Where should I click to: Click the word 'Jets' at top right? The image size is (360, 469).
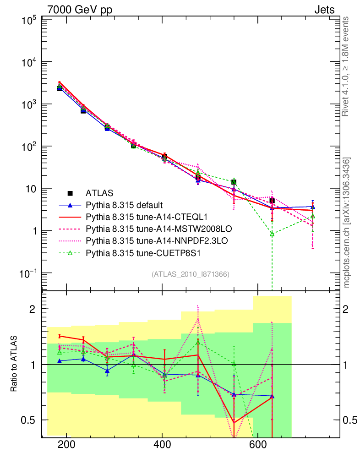pyautogui.click(x=324, y=9)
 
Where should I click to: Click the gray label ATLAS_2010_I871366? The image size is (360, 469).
pyautogui.click(x=191, y=274)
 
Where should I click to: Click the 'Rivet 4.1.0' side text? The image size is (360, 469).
pyautogui.click(x=346, y=66)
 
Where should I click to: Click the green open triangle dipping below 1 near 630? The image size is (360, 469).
pyautogui.click(x=272, y=234)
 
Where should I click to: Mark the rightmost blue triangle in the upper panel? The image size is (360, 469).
pyautogui.click(x=312, y=207)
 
